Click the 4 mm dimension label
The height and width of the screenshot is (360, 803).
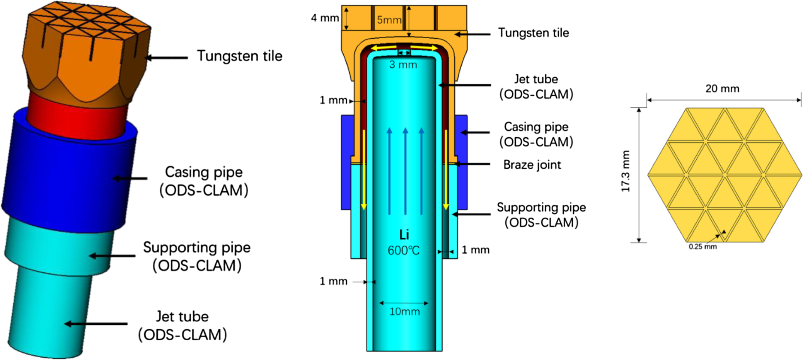click(325, 18)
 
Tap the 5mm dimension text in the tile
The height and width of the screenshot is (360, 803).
click(389, 20)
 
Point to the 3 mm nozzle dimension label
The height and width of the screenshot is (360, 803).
click(403, 65)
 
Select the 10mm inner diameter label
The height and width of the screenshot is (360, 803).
click(404, 312)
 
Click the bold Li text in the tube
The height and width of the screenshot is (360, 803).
click(404, 235)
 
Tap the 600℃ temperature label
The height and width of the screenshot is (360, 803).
click(404, 251)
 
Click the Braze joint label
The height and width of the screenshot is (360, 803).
click(532, 165)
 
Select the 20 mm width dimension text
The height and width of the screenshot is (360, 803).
click(722, 89)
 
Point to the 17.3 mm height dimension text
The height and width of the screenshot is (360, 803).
click(626, 171)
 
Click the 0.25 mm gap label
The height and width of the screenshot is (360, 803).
click(702, 247)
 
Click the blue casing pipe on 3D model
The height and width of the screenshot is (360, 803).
click(70, 174)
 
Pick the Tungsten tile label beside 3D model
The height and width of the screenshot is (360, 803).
click(240, 56)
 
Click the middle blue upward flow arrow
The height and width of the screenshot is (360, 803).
click(405, 170)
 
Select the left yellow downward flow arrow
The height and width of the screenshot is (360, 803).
click(363, 170)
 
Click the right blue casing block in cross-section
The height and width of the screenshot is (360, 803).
click(462, 162)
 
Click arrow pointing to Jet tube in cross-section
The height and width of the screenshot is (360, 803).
click(464, 85)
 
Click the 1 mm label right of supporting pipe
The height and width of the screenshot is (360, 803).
click(476, 250)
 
